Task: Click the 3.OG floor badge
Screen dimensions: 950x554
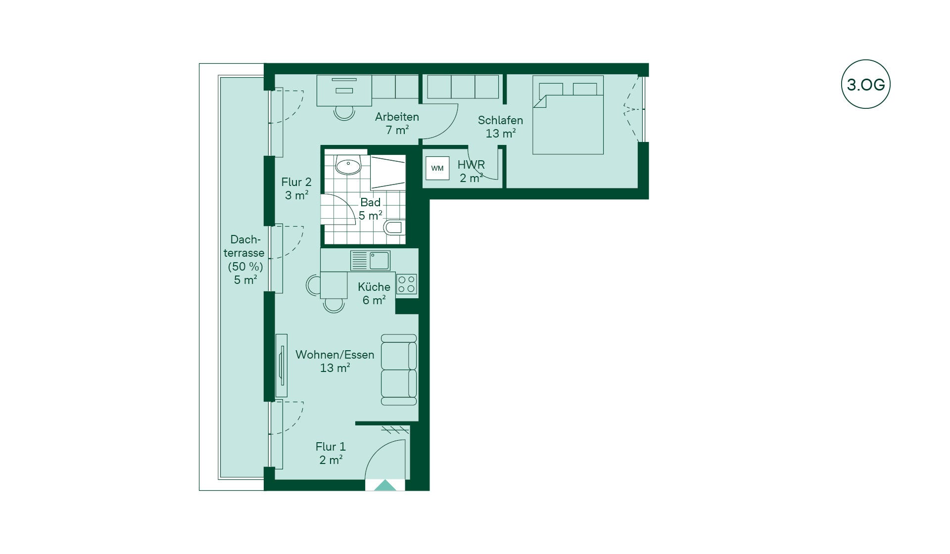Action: tap(865, 84)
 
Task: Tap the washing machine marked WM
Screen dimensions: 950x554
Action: tap(437, 168)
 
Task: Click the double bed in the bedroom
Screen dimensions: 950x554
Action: tap(568, 115)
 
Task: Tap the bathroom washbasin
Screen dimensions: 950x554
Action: tap(348, 165)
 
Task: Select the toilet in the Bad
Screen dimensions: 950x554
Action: tap(394, 228)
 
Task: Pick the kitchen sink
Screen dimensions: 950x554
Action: tap(371, 260)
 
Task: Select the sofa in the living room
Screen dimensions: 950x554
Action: tap(399, 370)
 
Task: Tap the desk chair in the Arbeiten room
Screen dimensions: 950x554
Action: tap(344, 113)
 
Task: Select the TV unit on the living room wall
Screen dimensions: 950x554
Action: tap(282, 366)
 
